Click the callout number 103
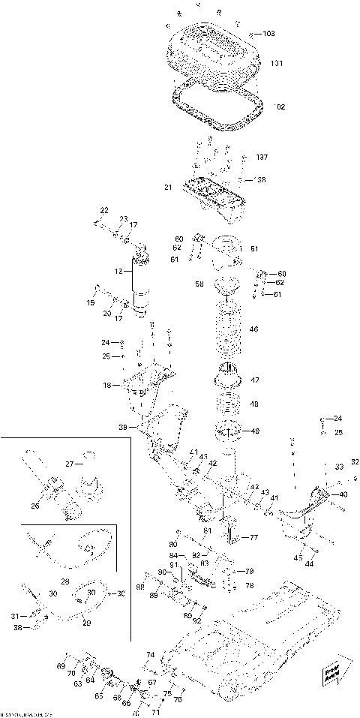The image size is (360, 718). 270,35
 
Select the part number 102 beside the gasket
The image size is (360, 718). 280,107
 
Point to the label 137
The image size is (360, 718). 261,158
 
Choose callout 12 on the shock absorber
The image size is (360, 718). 117,271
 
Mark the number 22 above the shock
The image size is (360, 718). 104,209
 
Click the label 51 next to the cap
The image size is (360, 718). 254,249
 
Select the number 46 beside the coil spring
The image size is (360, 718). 253,329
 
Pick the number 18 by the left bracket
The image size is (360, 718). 106,385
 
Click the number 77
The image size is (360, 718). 253,538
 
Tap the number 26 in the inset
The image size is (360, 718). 34,506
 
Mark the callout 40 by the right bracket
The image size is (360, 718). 343,494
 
